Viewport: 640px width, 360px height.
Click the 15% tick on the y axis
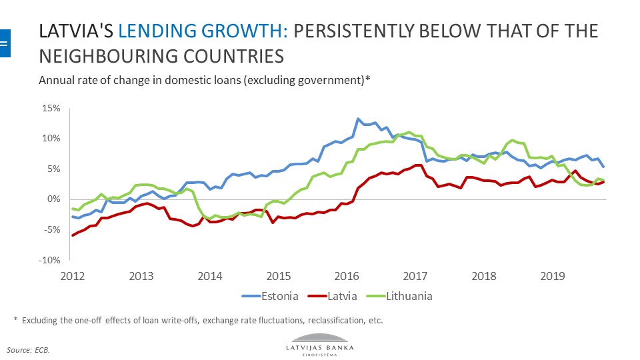51,108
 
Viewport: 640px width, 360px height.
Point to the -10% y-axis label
50,261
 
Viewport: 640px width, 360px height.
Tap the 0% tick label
54,199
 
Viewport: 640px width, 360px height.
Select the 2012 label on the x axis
72,275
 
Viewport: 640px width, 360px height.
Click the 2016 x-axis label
345,275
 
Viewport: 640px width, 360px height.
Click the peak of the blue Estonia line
358,119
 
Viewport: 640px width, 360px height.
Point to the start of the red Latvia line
72,235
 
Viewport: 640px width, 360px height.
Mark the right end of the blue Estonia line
603,167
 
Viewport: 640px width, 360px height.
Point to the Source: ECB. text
29,349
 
